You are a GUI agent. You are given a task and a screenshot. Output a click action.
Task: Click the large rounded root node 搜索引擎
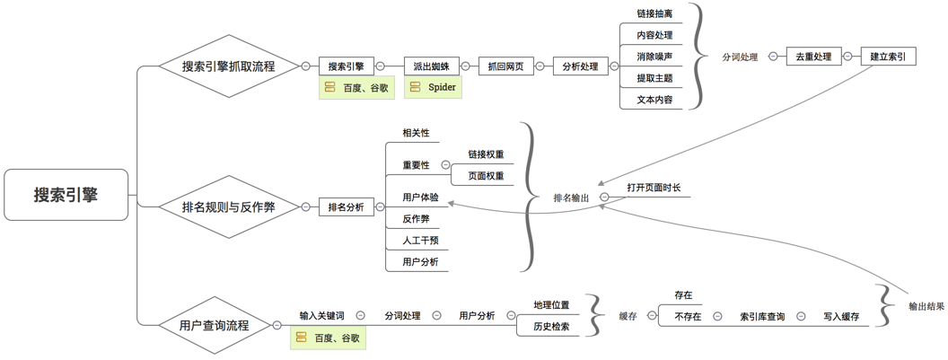(x=66, y=195)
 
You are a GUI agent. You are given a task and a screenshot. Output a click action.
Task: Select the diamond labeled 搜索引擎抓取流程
(x=228, y=66)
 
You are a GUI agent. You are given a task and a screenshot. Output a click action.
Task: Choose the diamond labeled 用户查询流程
(x=214, y=325)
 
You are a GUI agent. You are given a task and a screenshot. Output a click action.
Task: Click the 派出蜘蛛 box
(x=431, y=66)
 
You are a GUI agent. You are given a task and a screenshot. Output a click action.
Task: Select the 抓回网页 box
(x=505, y=66)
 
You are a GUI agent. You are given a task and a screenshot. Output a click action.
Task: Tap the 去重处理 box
(x=813, y=57)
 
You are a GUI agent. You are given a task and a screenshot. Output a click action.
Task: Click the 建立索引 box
(x=888, y=57)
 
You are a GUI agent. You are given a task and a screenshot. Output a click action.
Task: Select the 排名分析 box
(x=346, y=207)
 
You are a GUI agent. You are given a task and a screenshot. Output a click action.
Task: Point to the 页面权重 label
(x=486, y=176)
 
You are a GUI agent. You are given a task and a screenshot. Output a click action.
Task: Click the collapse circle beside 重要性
(x=445, y=165)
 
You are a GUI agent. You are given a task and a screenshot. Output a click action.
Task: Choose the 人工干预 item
(x=421, y=240)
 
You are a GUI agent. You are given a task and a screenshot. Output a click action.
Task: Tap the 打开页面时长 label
(x=654, y=188)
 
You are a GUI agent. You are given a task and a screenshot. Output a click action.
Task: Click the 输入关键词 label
(x=321, y=316)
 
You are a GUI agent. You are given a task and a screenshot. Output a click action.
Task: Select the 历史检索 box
(x=551, y=327)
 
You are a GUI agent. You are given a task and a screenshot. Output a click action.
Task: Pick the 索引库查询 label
(x=762, y=316)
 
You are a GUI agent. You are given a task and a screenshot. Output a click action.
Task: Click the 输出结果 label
(x=926, y=306)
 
